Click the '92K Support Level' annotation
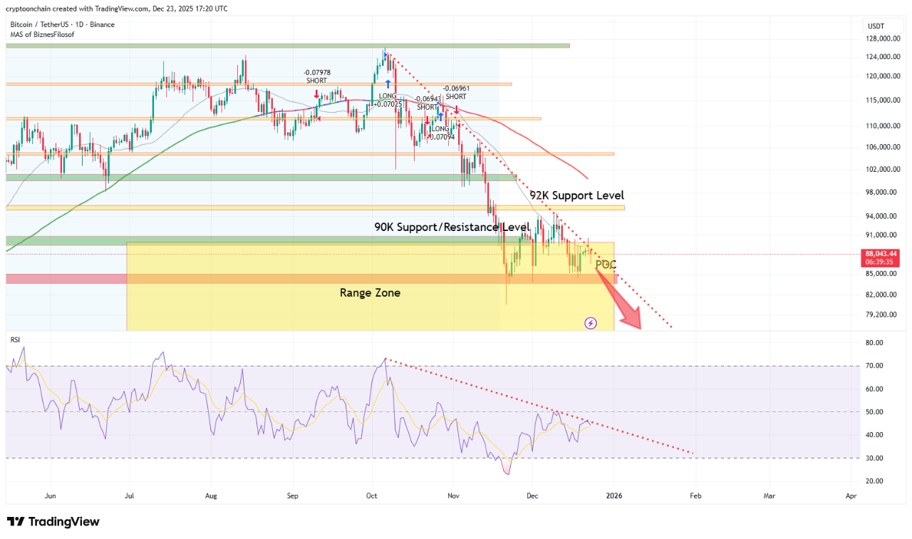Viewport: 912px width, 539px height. click(x=576, y=195)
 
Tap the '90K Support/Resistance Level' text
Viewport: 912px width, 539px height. click(x=452, y=227)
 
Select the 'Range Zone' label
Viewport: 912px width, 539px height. click(x=370, y=292)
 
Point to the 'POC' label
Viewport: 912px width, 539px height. click(x=606, y=265)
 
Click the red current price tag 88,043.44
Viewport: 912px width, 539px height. click(x=881, y=253)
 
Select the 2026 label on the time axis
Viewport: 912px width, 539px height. click(x=614, y=495)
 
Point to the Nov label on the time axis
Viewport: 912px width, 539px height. click(x=453, y=495)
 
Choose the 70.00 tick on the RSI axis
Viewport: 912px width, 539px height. click(x=874, y=366)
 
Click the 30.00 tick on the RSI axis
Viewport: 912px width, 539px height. click(x=874, y=458)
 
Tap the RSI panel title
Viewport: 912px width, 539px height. click(x=15, y=340)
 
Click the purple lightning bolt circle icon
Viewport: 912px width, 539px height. click(x=591, y=323)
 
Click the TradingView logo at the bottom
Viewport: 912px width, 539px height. click(x=53, y=522)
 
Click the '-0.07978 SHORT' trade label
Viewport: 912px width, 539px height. click(x=316, y=76)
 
